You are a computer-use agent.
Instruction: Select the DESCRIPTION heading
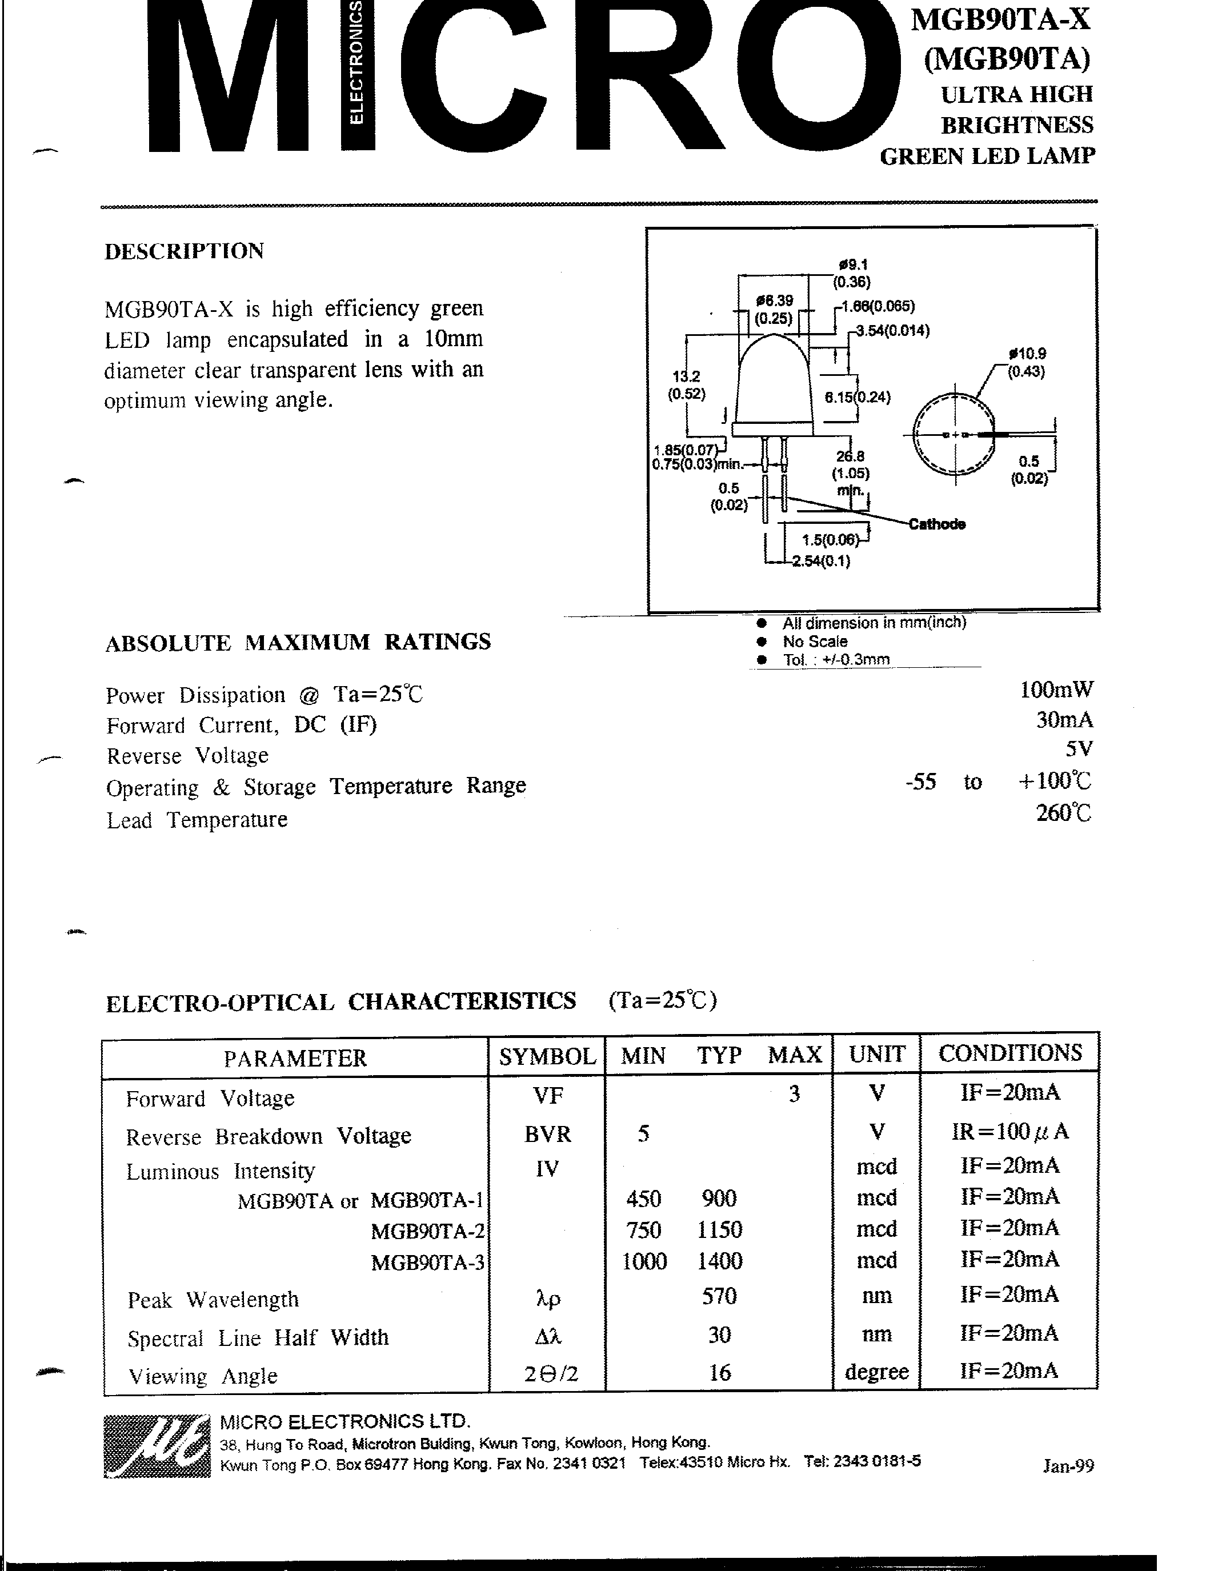pos(184,251)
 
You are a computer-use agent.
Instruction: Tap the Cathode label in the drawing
pos(936,524)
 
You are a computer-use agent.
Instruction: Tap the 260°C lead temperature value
pos(1063,813)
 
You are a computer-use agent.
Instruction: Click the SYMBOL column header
pos(547,1056)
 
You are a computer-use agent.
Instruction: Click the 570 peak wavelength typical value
pos(719,1296)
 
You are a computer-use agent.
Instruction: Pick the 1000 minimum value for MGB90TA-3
pos(644,1261)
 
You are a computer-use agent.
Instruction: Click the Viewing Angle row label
pos(203,1376)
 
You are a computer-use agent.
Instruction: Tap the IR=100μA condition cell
pos(1009,1132)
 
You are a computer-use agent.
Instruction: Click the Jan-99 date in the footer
pos(1068,1465)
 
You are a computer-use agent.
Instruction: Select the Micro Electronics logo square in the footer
pos(157,1446)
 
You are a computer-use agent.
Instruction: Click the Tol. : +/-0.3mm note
pos(836,660)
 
